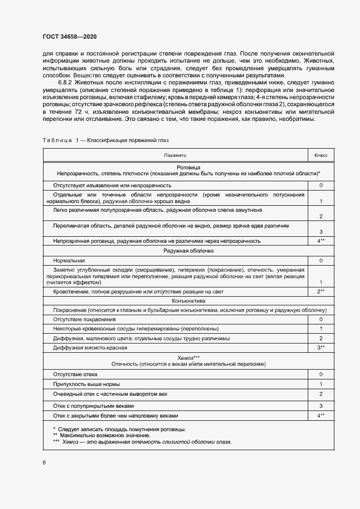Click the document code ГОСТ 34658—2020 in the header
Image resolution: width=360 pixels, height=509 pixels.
70,36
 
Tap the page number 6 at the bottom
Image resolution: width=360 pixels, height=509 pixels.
44,462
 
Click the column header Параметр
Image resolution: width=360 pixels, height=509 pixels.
175,156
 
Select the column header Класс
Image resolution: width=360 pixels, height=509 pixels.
321,156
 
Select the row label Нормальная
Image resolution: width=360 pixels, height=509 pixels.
69,261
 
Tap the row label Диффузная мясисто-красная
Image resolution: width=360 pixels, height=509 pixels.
90,348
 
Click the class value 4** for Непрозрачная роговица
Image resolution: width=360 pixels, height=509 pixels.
321,241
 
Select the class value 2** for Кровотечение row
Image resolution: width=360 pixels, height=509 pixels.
321,292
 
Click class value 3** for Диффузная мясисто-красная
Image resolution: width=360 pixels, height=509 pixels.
321,348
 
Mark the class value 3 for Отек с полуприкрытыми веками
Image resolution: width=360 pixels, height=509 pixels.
321,406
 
